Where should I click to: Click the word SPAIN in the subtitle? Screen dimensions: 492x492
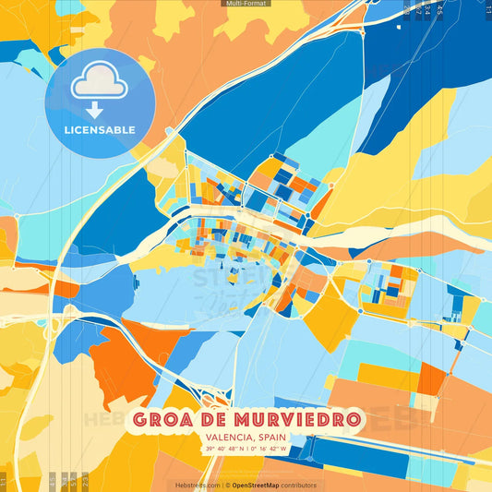pos(270,438)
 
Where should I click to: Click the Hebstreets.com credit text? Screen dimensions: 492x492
pos(196,485)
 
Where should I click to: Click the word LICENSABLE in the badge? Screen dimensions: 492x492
pos(100,130)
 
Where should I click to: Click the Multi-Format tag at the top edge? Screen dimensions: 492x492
pos(245,4)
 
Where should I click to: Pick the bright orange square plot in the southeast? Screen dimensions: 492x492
pos(431,378)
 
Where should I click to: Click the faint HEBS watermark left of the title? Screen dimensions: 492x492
pos(106,420)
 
